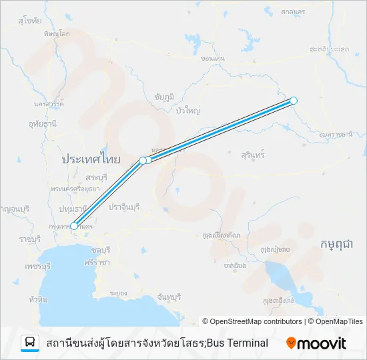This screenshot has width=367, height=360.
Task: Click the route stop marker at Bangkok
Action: (74, 226)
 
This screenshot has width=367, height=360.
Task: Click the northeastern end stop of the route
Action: (294, 101)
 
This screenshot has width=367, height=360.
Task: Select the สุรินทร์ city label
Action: (253, 154)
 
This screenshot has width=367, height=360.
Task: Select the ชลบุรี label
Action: (99, 249)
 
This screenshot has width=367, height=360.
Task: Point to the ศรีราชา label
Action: (97, 263)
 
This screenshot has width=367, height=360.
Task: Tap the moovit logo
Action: (316, 343)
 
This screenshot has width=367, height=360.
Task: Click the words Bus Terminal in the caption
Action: (238, 343)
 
